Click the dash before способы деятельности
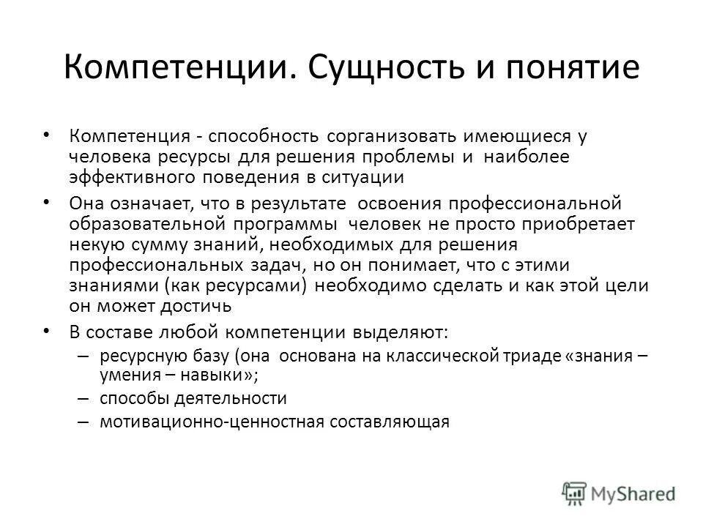click(x=83, y=399)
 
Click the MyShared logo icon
click(x=573, y=493)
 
